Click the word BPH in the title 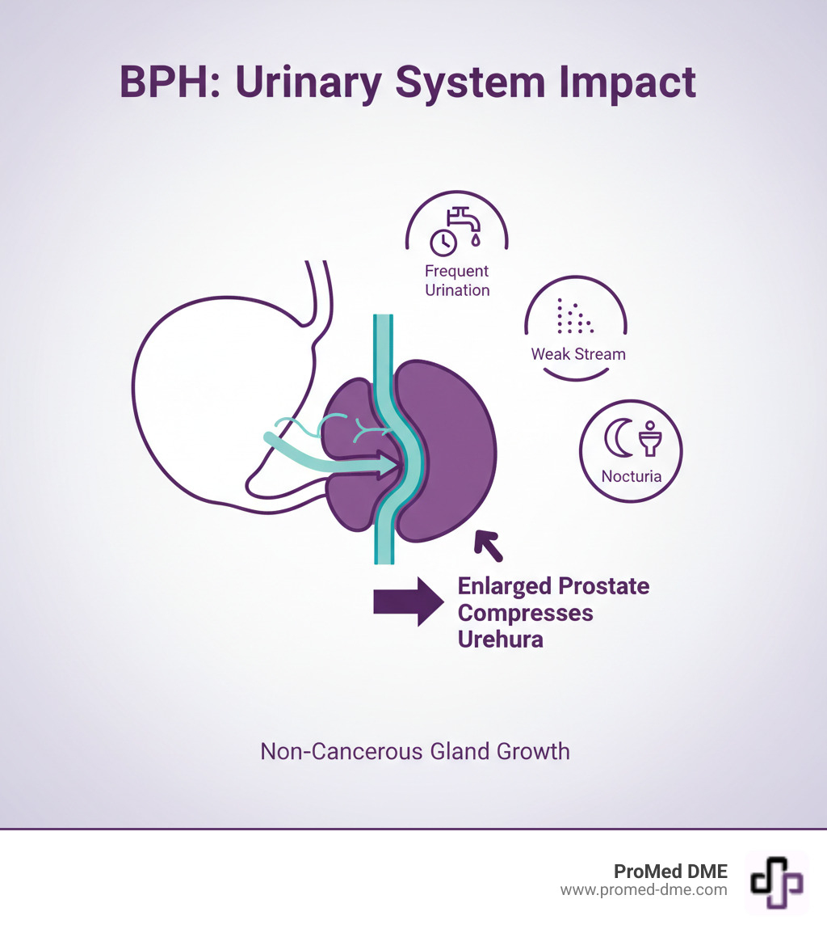tap(165, 82)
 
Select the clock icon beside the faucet tap(442, 242)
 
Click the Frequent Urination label tap(457, 281)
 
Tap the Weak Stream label tap(578, 354)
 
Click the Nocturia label tap(632, 476)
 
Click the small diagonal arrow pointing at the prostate tap(488, 546)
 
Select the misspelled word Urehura tap(500, 640)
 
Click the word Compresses tap(526, 613)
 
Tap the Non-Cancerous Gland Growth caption tap(415, 751)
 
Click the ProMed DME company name tap(670, 872)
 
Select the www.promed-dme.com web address tap(644, 890)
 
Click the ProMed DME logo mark tap(776, 881)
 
